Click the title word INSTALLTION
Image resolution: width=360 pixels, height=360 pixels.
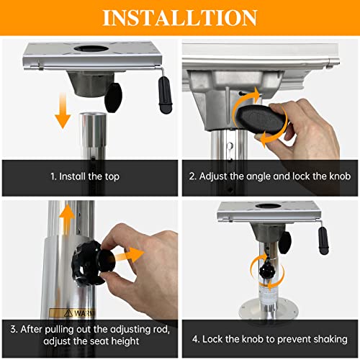tap(180, 17)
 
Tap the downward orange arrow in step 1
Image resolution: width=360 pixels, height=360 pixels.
tap(63, 111)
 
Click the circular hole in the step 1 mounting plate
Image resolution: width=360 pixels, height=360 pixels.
tap(91, 48)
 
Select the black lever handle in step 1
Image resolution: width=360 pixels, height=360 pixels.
tap(165, 95)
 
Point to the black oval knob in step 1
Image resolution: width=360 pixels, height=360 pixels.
tap(114, 97)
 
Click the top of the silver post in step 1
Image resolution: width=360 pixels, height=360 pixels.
tap(93, 115)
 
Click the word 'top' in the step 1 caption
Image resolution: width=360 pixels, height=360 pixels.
tap(112, 177)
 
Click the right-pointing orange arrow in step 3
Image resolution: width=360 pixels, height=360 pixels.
tap(129, 255)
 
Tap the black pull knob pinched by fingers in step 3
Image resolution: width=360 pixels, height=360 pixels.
tap(107, 260)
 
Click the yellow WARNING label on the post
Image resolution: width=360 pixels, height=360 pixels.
tap(72, 313)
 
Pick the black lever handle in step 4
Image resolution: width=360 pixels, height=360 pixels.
tap(323, 240)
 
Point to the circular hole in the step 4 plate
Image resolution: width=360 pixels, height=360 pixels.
tap(268, 206)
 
